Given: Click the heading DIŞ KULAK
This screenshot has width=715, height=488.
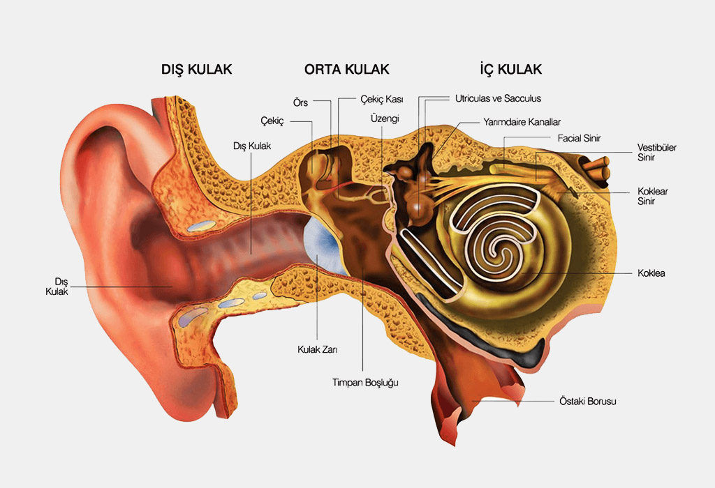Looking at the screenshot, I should (197, 70).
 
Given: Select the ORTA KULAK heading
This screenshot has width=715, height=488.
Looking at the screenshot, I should (346, 70).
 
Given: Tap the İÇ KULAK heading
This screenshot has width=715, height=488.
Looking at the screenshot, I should (510, 70).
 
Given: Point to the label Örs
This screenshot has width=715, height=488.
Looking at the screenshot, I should (302, 102).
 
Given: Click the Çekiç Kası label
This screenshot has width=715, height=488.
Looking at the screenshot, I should (382, 100).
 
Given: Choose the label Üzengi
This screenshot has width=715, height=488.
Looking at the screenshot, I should (385, 119).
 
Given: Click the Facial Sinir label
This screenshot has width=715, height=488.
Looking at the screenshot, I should (580, 138).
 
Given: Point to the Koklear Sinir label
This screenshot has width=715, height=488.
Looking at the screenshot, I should (653, 195).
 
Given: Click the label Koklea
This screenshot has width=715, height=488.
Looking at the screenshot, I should (651, 273).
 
